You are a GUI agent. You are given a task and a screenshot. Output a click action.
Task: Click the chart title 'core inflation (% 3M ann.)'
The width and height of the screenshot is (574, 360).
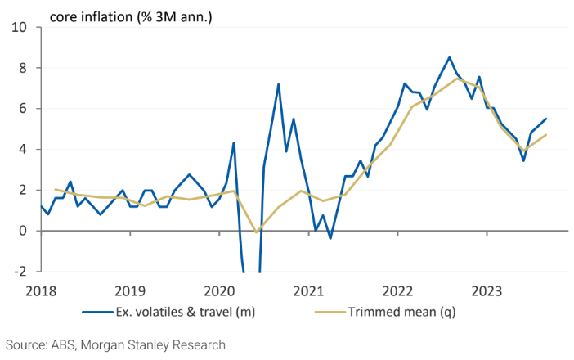[x=131, y=17]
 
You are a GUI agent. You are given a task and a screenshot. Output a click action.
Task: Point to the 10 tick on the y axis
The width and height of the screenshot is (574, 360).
[x=19, y=28]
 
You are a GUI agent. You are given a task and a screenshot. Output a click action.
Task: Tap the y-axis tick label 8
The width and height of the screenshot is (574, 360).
[x=23, y=68]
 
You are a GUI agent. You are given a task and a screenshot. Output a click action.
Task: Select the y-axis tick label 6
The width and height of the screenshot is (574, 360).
[x=23, y=109]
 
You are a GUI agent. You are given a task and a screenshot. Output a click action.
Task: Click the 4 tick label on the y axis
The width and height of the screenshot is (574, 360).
[x=23, y=150]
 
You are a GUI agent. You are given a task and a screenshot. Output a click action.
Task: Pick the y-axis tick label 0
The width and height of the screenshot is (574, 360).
[x=23, y=231]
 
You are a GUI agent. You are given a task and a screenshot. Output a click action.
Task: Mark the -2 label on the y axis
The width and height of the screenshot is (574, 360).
[x=20, y=272]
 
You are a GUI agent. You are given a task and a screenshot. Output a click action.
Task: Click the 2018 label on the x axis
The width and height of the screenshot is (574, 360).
[x=41, y=291]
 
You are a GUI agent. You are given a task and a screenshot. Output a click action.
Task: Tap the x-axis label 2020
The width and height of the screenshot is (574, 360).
[x=219, y=291]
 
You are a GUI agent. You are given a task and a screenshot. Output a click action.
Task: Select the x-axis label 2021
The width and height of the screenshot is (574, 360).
[x=308, y=291]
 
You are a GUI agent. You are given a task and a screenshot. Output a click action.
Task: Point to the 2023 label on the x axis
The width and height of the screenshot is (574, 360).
[x=487, y=291]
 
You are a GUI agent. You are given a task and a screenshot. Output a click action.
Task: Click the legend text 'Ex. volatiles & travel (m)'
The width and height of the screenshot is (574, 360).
[x=186, y=312]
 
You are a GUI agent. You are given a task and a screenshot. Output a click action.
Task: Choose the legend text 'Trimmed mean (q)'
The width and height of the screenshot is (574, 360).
[x=401, y=312]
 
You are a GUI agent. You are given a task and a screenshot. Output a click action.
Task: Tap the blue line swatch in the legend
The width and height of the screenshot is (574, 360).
[x=98, y=312]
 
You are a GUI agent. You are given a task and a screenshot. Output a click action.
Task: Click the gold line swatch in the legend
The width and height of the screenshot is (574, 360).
[x=330, y=312]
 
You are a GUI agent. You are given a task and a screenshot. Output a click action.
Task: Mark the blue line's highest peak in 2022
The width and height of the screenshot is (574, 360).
[x=450, y=57]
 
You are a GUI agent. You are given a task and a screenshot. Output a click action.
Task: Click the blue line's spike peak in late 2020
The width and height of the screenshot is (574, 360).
[x=279, y=84]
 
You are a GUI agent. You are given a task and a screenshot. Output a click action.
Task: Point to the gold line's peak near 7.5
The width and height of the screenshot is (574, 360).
[x=457, y=79]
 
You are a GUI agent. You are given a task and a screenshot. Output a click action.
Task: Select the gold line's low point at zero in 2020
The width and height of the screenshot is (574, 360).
[x=256, y=232]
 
